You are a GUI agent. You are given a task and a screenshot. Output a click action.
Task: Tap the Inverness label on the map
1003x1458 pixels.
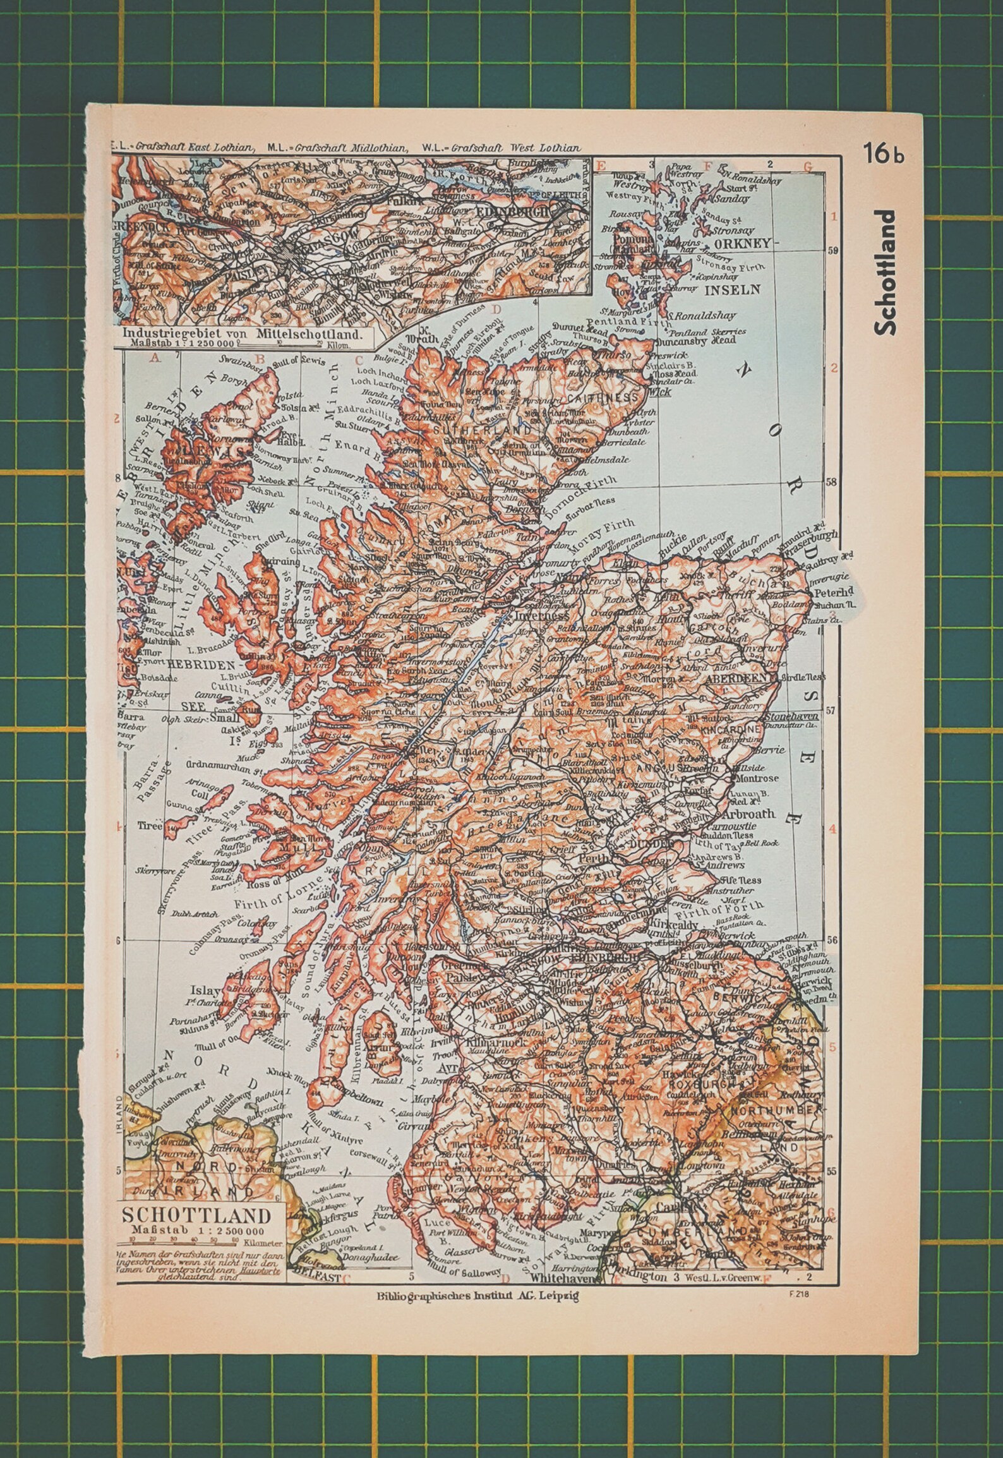point(542,615)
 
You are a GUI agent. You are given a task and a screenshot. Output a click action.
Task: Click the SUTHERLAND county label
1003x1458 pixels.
point(483,430)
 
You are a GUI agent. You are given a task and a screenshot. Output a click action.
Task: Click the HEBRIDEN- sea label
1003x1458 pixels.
point(206,665)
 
